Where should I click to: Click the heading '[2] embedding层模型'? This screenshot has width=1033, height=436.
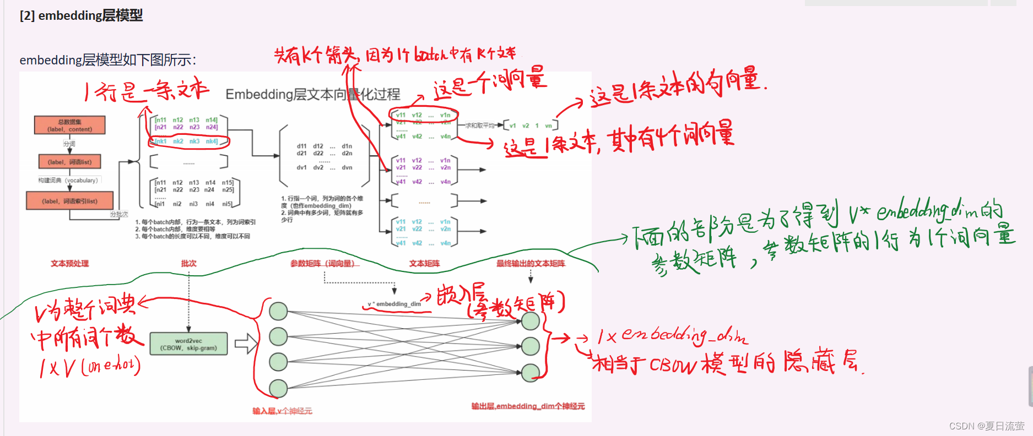(81, 15)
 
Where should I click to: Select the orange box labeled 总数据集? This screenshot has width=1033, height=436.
(69, 126)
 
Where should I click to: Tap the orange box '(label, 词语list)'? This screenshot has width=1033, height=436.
(69, 162)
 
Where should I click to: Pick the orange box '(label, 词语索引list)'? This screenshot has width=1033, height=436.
(69, 201)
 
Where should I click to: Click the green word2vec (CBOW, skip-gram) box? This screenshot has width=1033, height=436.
(188, 344)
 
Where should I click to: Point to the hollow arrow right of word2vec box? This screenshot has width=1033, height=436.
(246, 344)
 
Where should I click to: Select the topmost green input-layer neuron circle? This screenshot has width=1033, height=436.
(278, 311)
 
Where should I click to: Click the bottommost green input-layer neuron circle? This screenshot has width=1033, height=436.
(278, 388)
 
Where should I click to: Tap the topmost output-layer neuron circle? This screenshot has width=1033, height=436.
(531, 321)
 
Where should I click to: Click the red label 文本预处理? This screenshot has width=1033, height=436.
(70, 264)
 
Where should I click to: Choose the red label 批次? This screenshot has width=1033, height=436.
(188, 264)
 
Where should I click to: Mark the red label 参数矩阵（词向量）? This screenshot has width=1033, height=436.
(324, 264)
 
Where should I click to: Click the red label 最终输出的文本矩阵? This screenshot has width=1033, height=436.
(531, 264)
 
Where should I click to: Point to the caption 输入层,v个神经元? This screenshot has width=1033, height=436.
(282, 411)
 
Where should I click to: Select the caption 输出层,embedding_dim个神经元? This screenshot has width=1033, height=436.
(528, 406)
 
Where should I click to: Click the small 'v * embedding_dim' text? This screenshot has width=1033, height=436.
(394, 304)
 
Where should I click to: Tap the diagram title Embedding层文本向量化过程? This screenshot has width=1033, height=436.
(312, 95)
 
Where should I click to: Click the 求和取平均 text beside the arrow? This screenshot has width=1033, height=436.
(480, 126)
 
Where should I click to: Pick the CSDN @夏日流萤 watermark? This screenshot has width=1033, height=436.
(986, 426)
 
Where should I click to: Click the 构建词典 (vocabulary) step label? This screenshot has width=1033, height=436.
(68, 180)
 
